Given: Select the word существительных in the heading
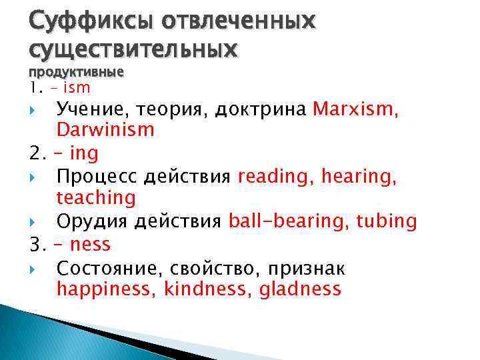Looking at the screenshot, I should coord(133,49).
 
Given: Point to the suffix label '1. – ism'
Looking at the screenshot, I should coord(60,87).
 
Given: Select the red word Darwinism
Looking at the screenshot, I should coord(105,130).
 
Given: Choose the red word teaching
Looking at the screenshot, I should coord(96,198).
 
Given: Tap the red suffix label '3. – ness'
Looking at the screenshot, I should coord(70,245).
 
